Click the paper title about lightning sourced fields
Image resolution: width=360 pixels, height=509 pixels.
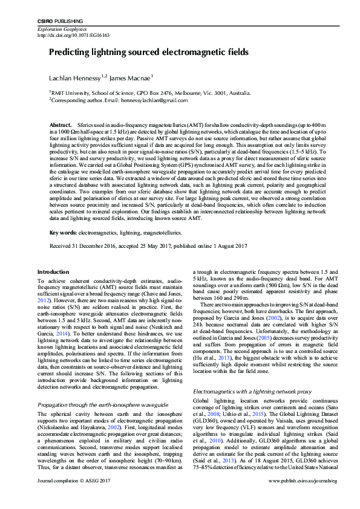click(148, 53)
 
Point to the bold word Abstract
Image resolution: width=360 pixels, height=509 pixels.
click(60, 124)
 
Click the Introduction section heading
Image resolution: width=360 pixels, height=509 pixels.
click(53, 273)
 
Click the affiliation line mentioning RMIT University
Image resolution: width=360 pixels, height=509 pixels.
click(149, 93)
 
